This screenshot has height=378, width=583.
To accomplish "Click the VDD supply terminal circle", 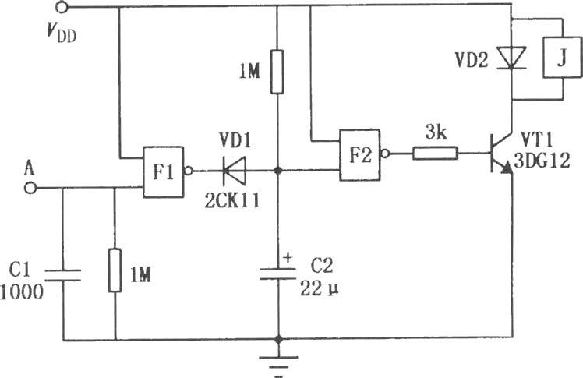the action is coord(62,7).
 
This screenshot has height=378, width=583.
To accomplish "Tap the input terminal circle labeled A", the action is coord(30,188).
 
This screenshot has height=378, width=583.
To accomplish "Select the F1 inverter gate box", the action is coord(163,172).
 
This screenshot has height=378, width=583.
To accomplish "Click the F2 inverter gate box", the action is coord(360,155).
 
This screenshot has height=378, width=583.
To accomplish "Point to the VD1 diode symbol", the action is coord(234,171).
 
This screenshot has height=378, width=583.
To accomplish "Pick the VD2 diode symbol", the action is coord(512,58).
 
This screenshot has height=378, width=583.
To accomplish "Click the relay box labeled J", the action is coord(563,57).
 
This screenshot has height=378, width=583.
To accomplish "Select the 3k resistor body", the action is coord(435,153).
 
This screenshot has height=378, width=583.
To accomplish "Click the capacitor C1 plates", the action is coord(63,275).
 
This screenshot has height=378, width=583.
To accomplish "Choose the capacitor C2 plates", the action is coord(277,274).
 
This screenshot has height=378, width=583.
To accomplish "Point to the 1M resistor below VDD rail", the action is coord(277,72).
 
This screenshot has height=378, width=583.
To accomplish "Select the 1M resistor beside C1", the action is coord(115,270).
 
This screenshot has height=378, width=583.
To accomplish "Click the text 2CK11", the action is coord(232,202).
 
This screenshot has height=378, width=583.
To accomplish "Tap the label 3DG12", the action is coord(542,161).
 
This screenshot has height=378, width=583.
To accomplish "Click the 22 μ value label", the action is coord(320,288).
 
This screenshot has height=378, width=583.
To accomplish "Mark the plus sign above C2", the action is coord(288,257).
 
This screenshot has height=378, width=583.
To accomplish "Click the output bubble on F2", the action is coord(385,153).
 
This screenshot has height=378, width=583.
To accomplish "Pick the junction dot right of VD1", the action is coord(277,171).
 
